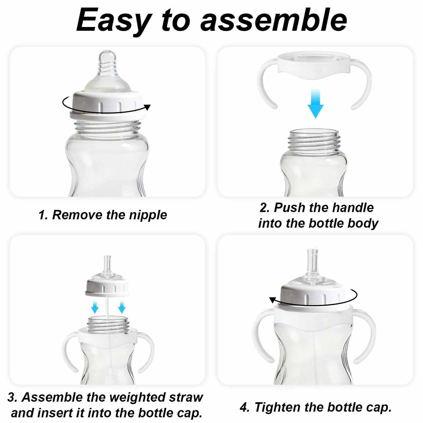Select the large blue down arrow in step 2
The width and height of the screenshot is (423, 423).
pyautogui.click(x=315, y=103)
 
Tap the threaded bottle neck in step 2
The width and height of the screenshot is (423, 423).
pyautogui.click(x=313, y=140)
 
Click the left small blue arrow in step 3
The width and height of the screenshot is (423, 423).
pyautogui.click(x=95, y=307)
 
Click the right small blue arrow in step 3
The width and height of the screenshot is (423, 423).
pyautogui.click(x=122, y=307)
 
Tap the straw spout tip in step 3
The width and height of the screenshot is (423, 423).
pyautogui.click(x=107, y=257)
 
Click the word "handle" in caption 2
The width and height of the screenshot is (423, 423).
pyautogui.click(x=353, y=208)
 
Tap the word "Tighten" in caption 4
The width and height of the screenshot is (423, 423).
pyautogui.click(x=277, y=407)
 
